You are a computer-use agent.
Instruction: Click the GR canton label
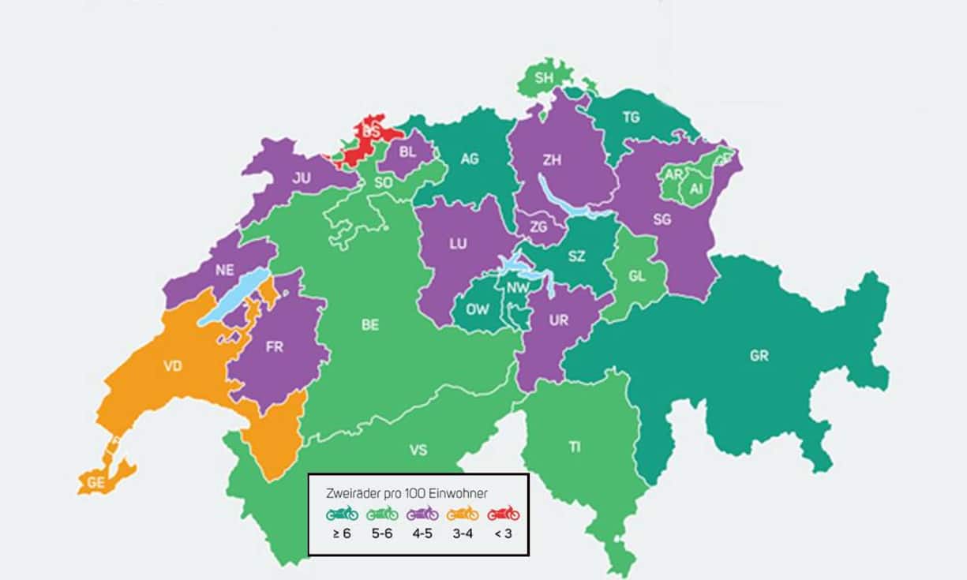759,356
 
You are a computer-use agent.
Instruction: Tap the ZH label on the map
552,159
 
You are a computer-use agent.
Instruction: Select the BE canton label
370,325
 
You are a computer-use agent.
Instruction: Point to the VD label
172,366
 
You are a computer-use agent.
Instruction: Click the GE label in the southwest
96,483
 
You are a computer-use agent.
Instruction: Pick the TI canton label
575,447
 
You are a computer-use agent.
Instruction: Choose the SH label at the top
545,77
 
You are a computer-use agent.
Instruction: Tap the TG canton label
631,118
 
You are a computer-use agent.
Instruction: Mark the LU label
458,244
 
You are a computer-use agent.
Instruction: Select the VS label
418,450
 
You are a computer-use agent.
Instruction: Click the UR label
559,320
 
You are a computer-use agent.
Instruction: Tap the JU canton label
301,178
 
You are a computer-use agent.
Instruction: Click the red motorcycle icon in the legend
503,514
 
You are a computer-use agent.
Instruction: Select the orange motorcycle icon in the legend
463,514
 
